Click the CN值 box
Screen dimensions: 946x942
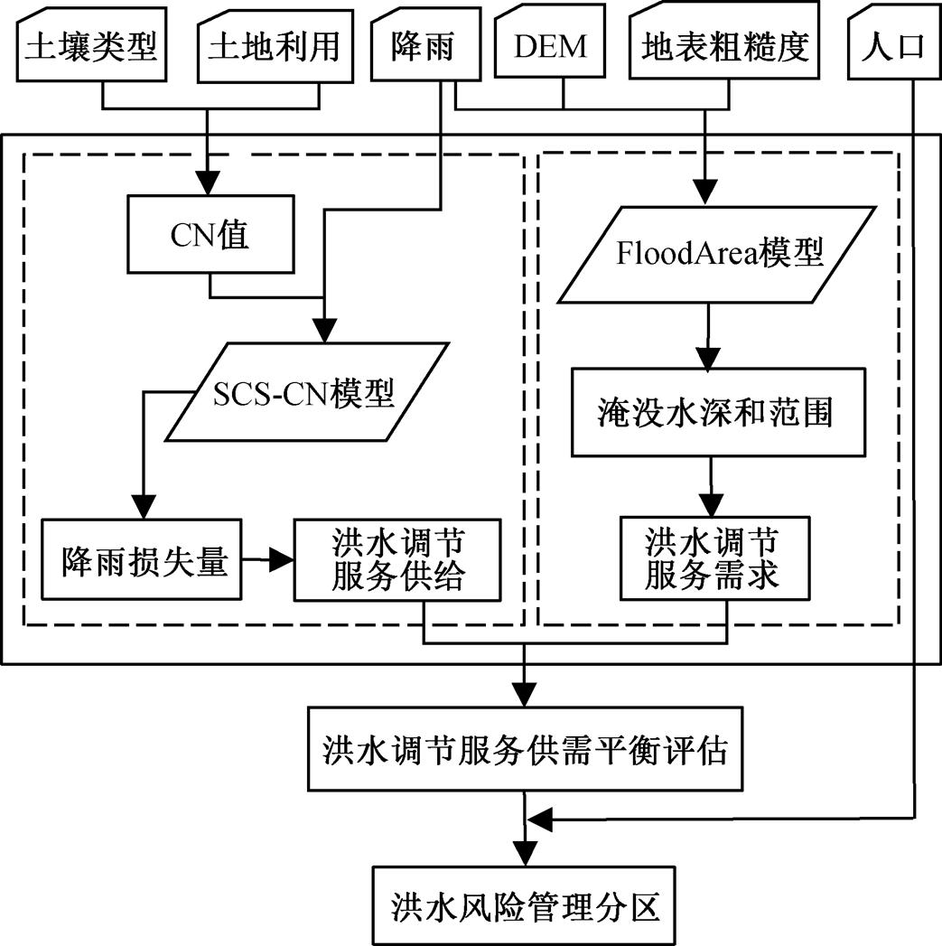point(210,238)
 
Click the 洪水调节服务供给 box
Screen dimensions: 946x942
point(397,560)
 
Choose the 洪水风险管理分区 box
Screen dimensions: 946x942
point(524,904)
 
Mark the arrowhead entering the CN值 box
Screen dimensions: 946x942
point(210,186)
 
